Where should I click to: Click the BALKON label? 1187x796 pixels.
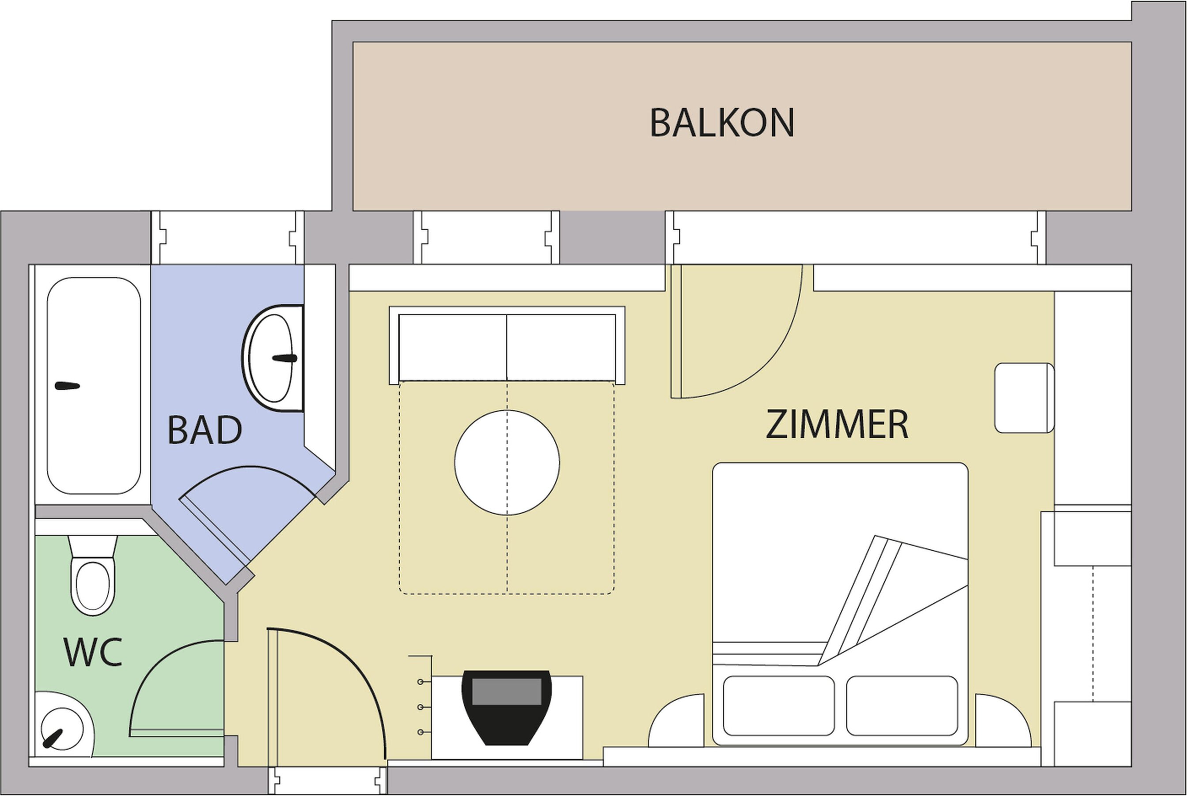pyautogui.click(x=722, y=122)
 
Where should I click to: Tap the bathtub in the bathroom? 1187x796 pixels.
pyautogui.click(x=94, y=385)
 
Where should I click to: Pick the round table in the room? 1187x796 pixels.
pyautogui.click(x=507, y=462)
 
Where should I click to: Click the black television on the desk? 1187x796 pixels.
pyautogui.click(x=507, y=707)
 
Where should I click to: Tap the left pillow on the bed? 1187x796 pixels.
pyautogui.click(x=778, y=706)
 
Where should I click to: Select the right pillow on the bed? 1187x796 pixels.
pyautogui.click(x=902, y=706)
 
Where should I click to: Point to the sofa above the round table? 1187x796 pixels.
pyautogui.click(x=507, y=345)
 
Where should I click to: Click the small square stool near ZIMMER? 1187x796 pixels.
pyautogui.click(x=1024, y=398)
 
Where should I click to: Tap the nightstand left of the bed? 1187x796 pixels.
pyautogui.click(x=676, y=721)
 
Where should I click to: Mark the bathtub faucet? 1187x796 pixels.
pyautogui.click(x=67, y=386)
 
